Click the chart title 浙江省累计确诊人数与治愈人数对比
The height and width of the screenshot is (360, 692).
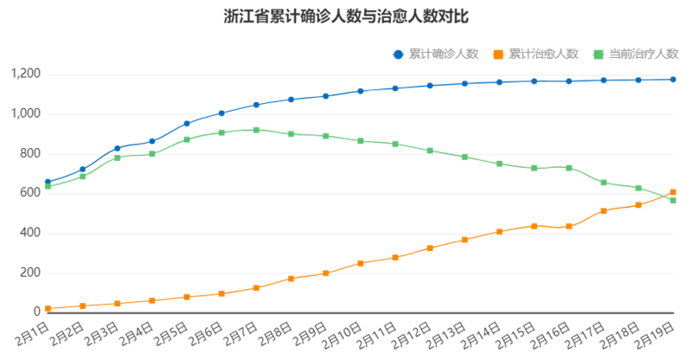[x=345, y=16]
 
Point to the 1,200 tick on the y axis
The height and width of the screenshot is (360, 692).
[x=26, y=74]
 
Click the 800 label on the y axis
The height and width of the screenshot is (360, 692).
[x=31, y=154]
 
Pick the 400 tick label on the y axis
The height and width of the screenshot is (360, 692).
[x=31, y=234]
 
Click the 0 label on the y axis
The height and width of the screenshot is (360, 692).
[x=37, y=312]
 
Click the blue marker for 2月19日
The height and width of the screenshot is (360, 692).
[x=673, y=80]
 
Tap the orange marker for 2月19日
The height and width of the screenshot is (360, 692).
[x=673, y=192]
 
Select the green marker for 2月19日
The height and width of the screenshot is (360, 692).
[x=673, y=201]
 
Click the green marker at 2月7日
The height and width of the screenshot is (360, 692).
[x=256, y=130]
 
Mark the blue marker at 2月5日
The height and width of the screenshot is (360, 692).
[x=187, y=123]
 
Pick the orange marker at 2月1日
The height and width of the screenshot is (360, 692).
[x=48, y=308]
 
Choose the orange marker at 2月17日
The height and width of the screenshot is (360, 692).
[x=604, y=210]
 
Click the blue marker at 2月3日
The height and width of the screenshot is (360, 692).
[x=118, y=148]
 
